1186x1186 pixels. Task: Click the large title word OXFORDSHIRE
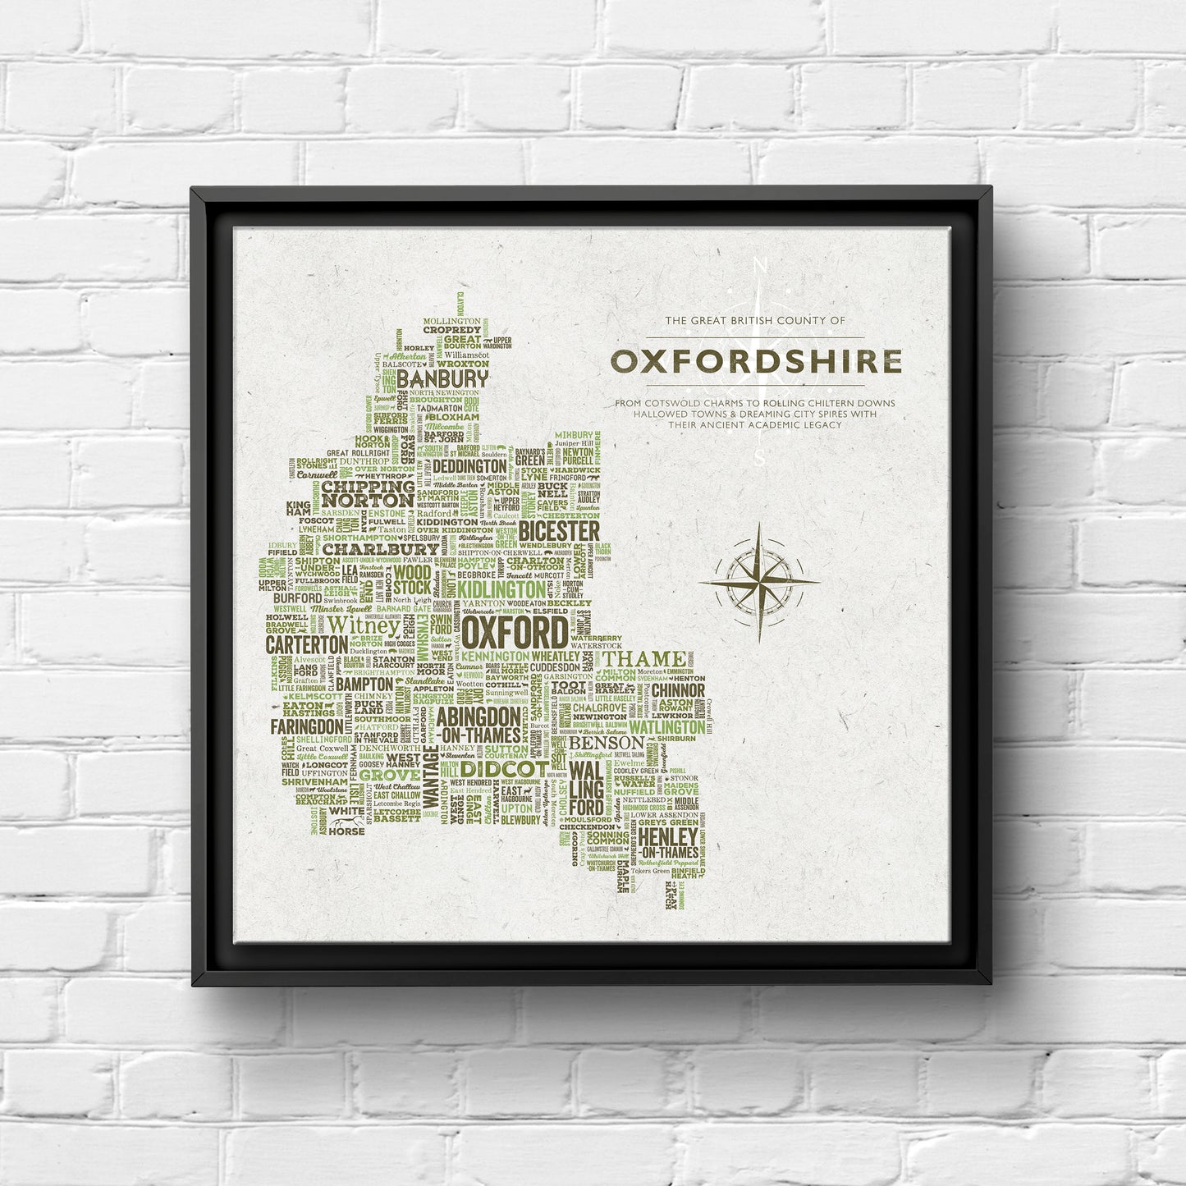click(755, 361)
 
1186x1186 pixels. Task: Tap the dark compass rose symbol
click(759, 582)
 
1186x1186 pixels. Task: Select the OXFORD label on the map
click(514, 633)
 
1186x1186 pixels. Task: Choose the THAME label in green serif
click(645, 659)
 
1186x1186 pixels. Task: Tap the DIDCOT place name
click(504, 768)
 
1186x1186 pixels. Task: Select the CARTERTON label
click(306, 645)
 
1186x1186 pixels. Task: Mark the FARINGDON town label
click(306, 726)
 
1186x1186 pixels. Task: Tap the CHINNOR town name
click(678, 690)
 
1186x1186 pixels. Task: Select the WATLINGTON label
click(666, 727)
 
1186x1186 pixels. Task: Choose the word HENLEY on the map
click(668, 836)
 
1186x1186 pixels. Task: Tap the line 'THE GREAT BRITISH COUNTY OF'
click(754, 321)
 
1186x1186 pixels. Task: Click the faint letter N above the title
click(759, 266)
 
